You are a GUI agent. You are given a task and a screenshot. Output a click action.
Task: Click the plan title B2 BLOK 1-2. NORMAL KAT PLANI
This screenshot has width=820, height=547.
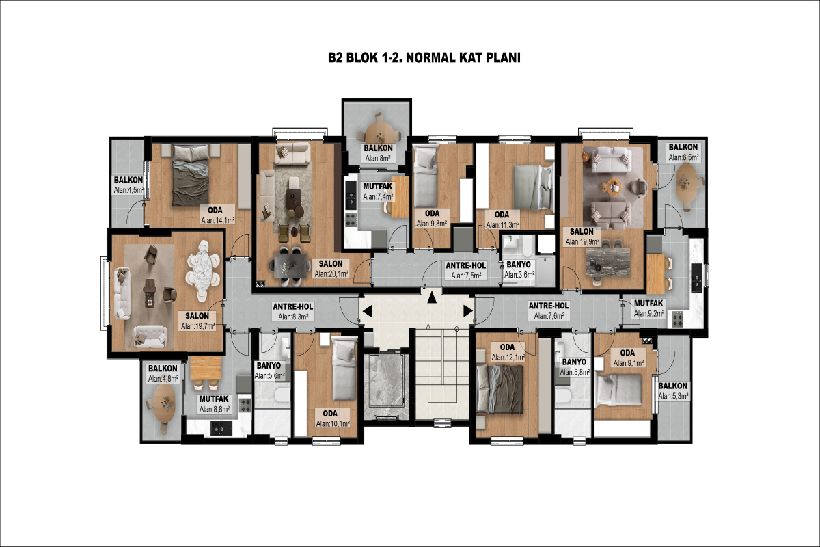click(424, 58)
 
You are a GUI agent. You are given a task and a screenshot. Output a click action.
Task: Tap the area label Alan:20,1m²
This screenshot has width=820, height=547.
click(331, 273)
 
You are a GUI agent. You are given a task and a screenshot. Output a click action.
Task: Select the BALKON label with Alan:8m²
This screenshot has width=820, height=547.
click(378, 148)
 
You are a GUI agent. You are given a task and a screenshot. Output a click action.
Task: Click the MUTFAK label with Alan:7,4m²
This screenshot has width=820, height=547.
click(377, 187)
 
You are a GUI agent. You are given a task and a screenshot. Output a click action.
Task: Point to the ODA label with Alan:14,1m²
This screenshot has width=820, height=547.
click(215, 211)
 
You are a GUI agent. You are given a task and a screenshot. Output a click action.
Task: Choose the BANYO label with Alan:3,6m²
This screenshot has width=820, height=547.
click(519, 265)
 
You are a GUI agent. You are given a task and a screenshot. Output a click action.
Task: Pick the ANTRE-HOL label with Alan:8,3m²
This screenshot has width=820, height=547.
click(293, 306)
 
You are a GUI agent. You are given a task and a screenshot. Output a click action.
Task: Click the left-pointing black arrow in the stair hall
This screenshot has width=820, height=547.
click(367, 311)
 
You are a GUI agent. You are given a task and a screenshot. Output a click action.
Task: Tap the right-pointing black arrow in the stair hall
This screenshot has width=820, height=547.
click(468, 311)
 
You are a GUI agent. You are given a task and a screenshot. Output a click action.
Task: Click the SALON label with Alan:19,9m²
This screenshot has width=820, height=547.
click(582, 232)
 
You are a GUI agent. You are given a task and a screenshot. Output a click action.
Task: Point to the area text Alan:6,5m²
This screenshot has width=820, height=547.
click(684, 157)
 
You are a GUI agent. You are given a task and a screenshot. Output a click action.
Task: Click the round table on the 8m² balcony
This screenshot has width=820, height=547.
click(379, 132)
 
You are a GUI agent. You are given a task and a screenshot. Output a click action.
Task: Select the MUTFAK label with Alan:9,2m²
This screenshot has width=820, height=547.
click(648, 304)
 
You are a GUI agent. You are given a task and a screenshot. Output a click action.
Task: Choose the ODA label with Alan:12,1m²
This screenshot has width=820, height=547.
click(507, 347)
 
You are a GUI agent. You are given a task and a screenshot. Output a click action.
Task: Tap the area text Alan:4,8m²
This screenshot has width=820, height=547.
click(163, 379)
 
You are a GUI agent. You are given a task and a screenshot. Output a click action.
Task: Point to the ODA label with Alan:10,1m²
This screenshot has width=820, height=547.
click(330, 414)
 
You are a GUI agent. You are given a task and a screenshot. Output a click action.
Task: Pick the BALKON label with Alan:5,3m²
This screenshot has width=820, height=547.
click(673, 386)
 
